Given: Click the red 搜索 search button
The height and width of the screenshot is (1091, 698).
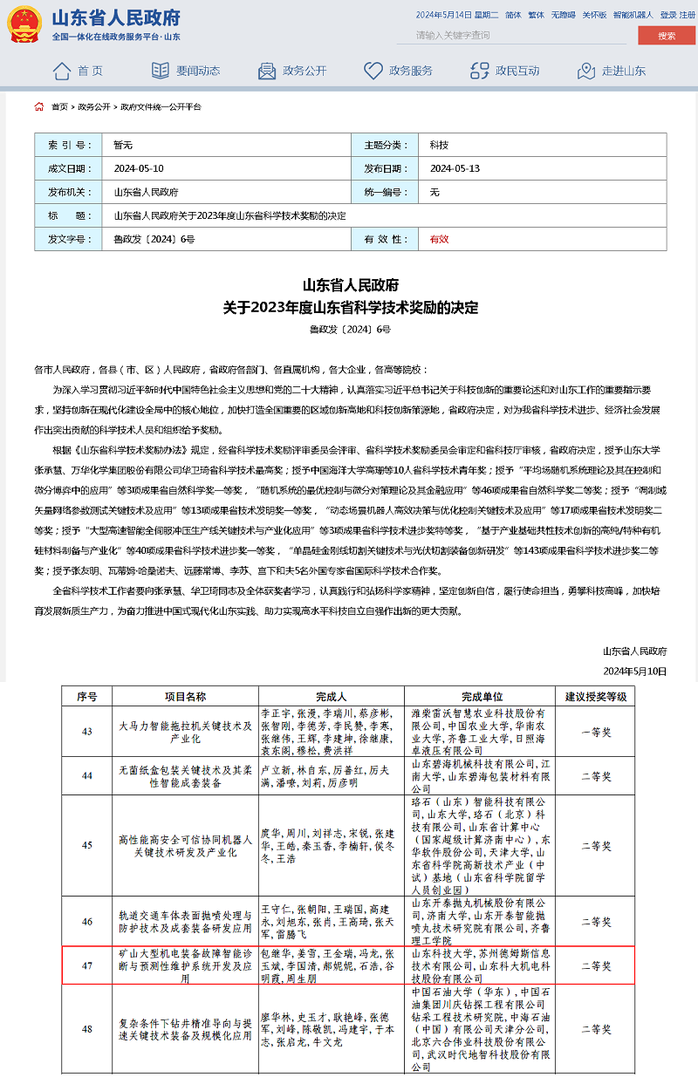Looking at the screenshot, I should click(667, 36).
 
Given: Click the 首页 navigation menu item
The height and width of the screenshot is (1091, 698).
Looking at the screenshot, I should click(78, 71).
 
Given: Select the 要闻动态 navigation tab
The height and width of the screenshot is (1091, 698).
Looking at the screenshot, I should click(186, 71).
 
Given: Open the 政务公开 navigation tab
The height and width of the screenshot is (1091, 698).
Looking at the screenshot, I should click(292, 71).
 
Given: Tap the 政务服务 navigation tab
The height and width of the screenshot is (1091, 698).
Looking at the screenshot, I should click(399, 71).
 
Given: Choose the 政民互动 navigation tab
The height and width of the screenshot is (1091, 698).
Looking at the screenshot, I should click(505, 71).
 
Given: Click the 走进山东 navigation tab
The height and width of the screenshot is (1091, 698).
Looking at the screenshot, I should click(612, 71).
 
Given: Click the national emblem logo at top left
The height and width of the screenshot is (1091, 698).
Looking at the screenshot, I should click(24, 25).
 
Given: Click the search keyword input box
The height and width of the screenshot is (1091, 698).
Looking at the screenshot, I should click(510, 36).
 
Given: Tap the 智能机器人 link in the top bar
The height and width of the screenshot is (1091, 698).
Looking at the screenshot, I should click(633, 15).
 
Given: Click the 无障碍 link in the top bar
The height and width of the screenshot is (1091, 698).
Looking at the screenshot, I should click(563, 15).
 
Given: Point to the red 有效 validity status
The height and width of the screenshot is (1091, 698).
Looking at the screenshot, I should click(439, 238).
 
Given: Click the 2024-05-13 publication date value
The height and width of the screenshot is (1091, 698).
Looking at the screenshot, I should click(455, 168).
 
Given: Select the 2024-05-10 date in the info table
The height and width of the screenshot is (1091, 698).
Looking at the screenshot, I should click(139, 168).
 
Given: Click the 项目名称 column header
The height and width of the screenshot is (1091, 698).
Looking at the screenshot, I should click(185, 696).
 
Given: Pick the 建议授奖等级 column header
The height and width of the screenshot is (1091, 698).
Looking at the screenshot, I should click(596, 696).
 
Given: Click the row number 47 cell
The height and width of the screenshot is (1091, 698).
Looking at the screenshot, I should click(87, 966).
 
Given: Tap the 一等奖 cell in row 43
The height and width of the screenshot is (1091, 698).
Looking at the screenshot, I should click(596, 731).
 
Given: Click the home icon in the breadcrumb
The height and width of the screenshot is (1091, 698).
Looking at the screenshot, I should click(39, 106).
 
